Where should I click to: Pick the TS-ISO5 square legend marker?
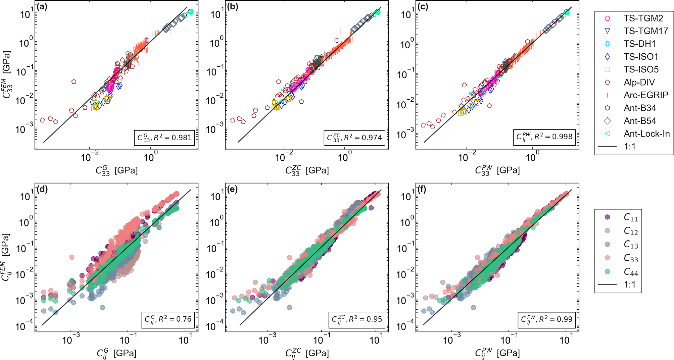click(x=607, y=69)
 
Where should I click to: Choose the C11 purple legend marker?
click(x=607, y=217)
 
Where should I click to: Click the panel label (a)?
click(x=42, y=7)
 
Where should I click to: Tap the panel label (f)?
click(x=422, y=190)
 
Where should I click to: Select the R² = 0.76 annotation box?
click(x=168, y=319)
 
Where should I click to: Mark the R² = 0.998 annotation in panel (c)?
click(x=544, y=137)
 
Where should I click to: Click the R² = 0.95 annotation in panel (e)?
click(x=357, y=319)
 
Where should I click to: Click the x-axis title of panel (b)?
click(x=307, y=171)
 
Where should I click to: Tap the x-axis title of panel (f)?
click(x=497, y=353)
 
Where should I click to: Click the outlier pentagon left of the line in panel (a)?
click(x=74, y=82)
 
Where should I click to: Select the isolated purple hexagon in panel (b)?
click(x=337, y=40)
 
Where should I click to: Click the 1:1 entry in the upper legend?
click(x=629, y=147)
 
